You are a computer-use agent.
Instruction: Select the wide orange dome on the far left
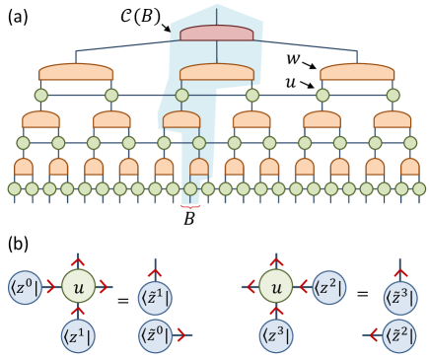pos(76,72)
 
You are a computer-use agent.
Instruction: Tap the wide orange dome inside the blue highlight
pos(217,72)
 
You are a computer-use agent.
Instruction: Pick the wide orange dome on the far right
pos(357,72)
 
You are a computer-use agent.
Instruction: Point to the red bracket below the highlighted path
pos(190,205)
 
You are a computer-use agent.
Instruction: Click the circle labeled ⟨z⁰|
pos(24,287)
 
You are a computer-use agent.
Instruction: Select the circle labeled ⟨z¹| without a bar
pos(79,334)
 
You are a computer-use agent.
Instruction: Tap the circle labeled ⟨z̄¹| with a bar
pos(154,296)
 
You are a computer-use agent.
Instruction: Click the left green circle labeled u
pos(79,287)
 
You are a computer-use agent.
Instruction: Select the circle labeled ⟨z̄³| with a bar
pos(399,296)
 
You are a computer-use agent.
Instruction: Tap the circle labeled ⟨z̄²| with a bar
pos(399,334)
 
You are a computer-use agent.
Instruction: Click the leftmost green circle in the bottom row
pos(15,188)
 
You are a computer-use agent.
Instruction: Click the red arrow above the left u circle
pos(79,263)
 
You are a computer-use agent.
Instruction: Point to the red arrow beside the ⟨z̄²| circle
pos(374,334)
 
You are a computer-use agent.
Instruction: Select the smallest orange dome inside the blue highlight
pos(199,166)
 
